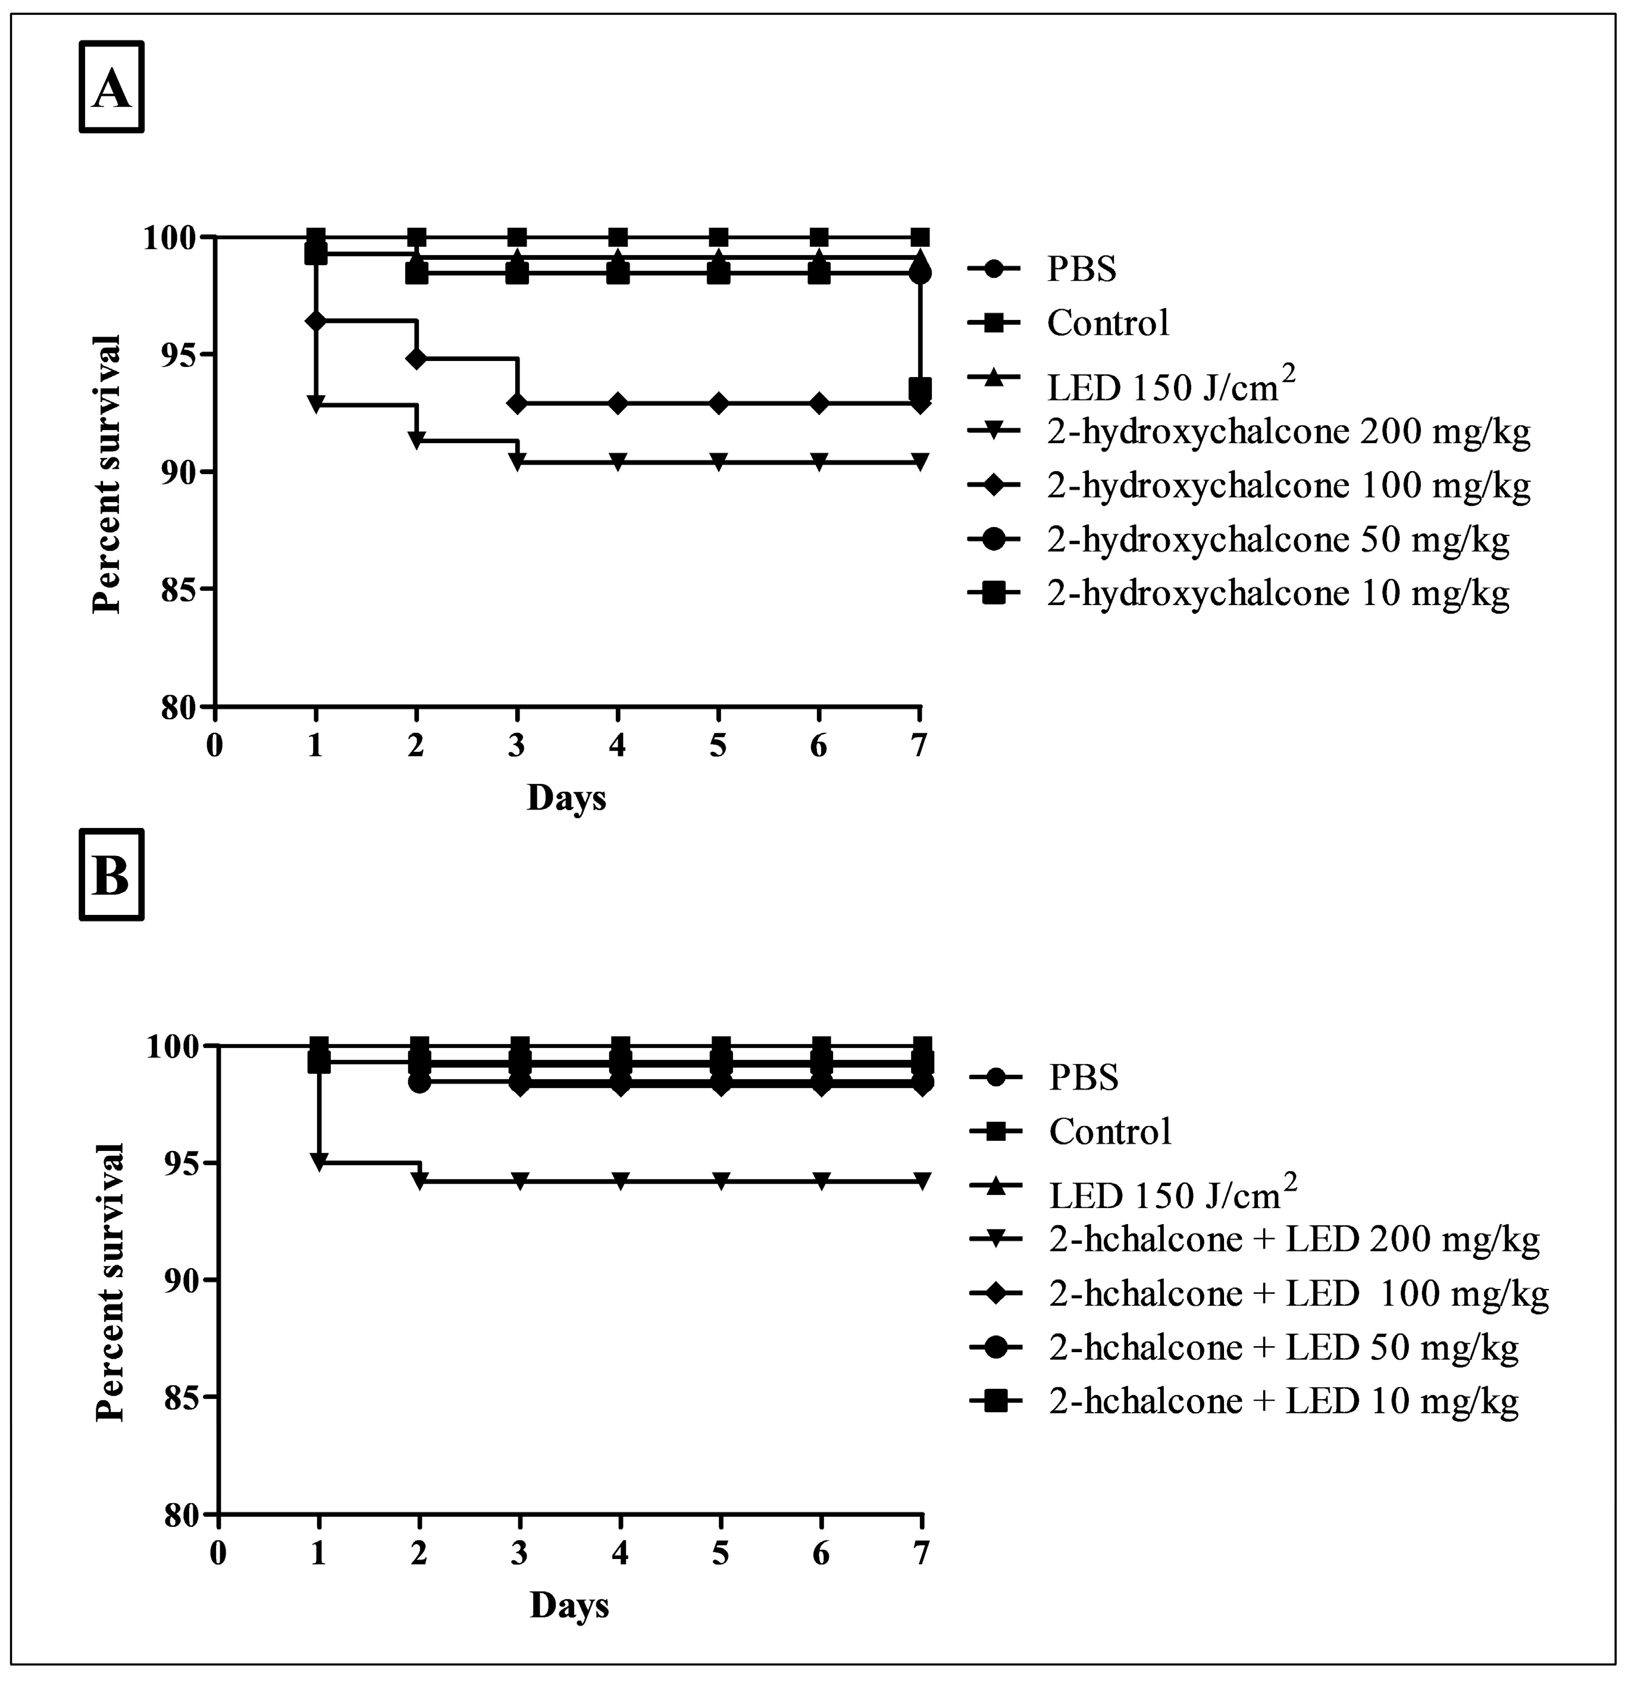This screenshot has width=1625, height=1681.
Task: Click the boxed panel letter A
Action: pyautogui.click(x=111, y=89)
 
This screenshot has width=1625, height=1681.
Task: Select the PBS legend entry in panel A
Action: pyautogui.click(x=1081, y=269)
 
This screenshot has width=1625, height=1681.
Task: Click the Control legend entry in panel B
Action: pyautogui.click(x=1109, y=1132)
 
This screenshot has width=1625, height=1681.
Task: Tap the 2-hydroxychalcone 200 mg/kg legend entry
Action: pyautogui.click(x=1288, y=433)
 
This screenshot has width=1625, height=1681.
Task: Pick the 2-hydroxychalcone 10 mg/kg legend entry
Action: pyautogui.click(x=1277, y=592)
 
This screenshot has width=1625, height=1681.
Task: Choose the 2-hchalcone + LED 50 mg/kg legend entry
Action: pyautogui.click(x=1283, y=1347)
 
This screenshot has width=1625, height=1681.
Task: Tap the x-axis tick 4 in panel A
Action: pyautogui.click(x=618, y=745)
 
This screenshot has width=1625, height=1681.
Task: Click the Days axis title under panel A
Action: pyautogui.click(x=566, y=798)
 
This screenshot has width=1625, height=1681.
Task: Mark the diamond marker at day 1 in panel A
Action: pyautogui.click(x=316, y=321)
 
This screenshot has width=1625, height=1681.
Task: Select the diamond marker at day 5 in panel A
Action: pyautogui.click(x=719, y=403)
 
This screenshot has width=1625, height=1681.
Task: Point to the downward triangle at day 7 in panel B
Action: pyautogui.click(x=922, y=1181)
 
